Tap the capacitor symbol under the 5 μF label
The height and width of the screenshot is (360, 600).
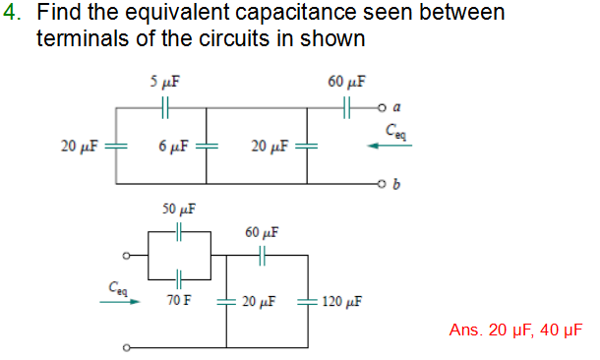coord(166,103)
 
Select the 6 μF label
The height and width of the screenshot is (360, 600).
coord(174,147)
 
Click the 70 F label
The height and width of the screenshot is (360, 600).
coord(178,299)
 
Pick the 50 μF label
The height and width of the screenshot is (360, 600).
coord(179,210)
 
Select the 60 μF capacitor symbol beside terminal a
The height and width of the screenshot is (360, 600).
coord(347,103)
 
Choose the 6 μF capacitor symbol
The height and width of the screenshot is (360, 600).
coord(207,146)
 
